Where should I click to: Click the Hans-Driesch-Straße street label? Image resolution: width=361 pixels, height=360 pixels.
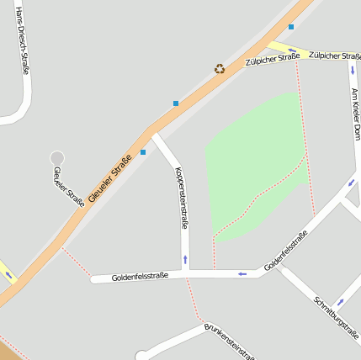23,42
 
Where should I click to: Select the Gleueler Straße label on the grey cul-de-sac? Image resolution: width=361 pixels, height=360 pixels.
69,187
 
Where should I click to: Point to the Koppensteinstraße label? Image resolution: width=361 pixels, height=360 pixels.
181,199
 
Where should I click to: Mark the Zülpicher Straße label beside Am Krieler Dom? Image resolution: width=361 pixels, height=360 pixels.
335,56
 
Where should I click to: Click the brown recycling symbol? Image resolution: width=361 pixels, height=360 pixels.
220,69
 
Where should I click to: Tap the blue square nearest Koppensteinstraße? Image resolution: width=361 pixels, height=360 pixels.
143,152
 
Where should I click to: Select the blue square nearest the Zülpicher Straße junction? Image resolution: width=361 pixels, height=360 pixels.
291,27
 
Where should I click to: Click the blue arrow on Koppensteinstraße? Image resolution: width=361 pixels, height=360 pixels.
185,259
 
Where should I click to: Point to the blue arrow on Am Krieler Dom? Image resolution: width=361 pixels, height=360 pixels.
353,71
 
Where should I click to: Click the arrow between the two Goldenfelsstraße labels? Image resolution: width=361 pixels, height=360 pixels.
242,273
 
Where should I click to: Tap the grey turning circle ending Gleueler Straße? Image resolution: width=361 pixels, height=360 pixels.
57,157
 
